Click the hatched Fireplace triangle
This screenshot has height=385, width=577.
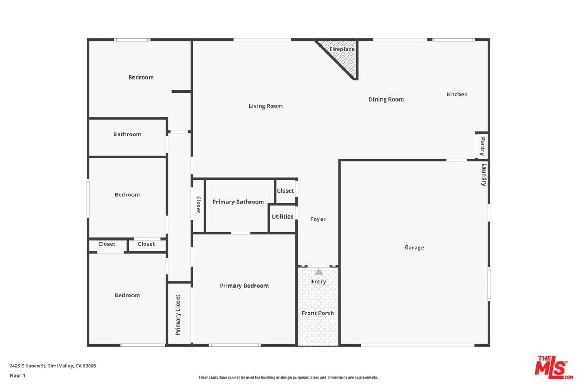click(x=345, y=55)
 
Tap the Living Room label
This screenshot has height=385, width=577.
click(x=266, y=106)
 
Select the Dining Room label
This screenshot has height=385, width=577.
click(x=386, y=99)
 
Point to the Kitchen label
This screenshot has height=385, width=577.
click(x=457, y=94)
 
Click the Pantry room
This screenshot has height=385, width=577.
click(x=482, y=146)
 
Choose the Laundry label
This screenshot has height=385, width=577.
click(x=484, y=174)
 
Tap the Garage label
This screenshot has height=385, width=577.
click(x=414, y=248)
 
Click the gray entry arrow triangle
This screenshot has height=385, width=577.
click(x=318, y=272)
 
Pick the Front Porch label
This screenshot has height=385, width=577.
click(x=318, y=313)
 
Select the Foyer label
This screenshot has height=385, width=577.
click(x=318, y=219)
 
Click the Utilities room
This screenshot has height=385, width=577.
click(x=283, y=218)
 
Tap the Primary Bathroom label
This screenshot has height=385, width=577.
click(x=238, y=202)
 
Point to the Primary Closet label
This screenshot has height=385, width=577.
click(x=178, y=314)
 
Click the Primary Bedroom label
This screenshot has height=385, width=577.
click(x=244, y=286)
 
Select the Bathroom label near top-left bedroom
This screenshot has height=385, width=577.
click(x=127, y=134)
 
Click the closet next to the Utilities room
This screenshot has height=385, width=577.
click(x=286, y=191)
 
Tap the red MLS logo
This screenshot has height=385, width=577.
click(x=553, y=367)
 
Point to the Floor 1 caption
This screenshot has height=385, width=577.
click(x=17, y=375)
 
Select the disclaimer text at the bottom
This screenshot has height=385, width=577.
click(x=288, y=378)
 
